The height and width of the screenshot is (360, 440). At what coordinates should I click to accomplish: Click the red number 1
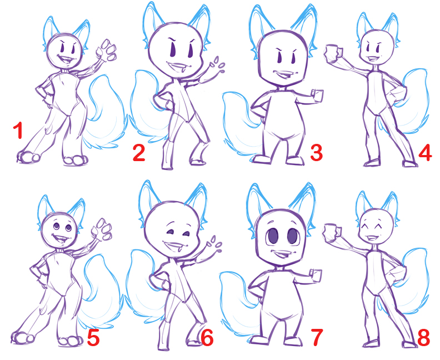tap(18, 130)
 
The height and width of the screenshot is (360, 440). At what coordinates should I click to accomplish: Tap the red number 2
tap(139, 153)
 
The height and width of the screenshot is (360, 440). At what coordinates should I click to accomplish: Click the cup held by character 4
tap(333, 53)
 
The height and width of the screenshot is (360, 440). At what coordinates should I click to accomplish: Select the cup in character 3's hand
tap(317, 96)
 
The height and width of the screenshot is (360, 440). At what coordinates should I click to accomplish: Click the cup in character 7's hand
tap(315, 275)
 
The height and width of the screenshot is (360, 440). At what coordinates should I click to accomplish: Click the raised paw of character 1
tap(106, 51)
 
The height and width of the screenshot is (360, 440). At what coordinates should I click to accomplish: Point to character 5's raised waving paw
tap(101, 229)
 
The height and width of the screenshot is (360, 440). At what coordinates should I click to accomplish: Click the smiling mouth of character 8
tap(372, 238)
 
